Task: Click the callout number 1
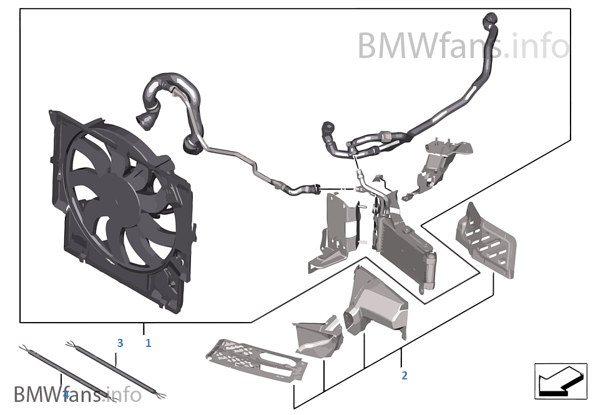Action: [149, 343]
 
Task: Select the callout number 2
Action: [404, 375]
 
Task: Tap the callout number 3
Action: [120, 343]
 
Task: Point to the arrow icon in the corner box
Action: [560, 382]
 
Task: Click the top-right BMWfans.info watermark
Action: [463, 46]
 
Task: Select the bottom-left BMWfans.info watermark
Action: [77, 394]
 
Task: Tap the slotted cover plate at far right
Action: [487, 240]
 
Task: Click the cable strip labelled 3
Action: [115, 369]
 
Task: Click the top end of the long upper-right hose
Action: [491, 17]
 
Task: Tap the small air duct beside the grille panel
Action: [320, 336]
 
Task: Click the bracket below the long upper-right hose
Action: [439, 166]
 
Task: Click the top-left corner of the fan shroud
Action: [51, 111]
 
